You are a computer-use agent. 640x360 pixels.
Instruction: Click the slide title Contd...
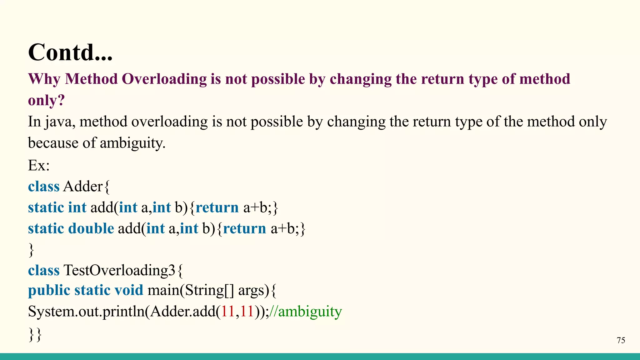pos(70,52)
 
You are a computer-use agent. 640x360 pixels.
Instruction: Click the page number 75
pos(621,340)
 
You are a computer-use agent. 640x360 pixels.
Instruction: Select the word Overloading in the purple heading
pos(164,79)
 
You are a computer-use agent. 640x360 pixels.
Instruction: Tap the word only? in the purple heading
pos(46,101)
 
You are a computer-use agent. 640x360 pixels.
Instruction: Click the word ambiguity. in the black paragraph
pos(132,143)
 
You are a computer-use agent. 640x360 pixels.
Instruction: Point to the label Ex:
pos(39,165)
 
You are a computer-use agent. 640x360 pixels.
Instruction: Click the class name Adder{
pos(86,187)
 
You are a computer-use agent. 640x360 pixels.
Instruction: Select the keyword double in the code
pos(91,228)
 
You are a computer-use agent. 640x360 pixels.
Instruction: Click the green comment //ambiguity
pos(305,312)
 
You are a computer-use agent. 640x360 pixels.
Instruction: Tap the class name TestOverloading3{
pos(123,270)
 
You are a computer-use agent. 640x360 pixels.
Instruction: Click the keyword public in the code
pos(49,291)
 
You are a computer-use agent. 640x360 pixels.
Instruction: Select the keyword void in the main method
pos(128,290)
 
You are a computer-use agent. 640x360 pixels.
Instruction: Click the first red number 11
pos(228,312)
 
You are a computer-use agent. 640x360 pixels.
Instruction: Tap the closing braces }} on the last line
pos(35,334)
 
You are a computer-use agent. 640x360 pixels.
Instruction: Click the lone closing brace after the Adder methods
pos(31,250)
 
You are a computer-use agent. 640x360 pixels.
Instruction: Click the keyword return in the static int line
pos(217,208)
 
